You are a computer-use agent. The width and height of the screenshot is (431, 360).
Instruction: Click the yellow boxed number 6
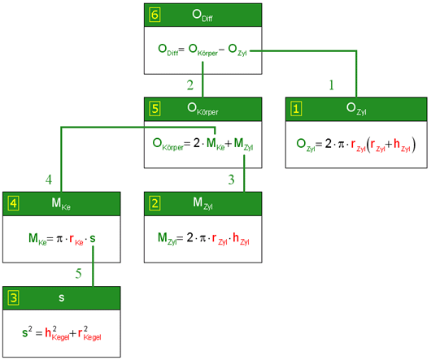tap(155, 15)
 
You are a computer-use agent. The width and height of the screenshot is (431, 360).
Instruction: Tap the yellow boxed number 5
tap(155, 108)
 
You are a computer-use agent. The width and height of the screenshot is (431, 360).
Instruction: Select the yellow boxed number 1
tap(296, 109)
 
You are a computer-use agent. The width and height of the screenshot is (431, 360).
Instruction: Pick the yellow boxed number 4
tap(14, 203)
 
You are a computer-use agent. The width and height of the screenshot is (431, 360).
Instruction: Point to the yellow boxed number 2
tap(155, 203)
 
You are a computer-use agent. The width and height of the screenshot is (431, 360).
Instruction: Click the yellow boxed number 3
tap(14, 298)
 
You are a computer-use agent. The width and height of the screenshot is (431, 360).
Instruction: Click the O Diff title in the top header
tap(202, 15)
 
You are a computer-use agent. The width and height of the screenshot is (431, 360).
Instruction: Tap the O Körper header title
tap(202, 109)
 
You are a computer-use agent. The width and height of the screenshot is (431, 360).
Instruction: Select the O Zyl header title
tap(356, 109)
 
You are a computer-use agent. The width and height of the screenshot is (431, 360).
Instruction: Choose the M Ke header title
tap(61, 204)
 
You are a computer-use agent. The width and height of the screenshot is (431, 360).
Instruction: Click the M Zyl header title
tap(202, 204)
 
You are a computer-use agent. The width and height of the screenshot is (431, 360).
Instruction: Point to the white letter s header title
tap(61, 298)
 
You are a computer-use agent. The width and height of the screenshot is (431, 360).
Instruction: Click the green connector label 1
tap(332, 85)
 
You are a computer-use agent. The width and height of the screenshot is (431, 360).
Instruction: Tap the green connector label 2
tap(190, 85)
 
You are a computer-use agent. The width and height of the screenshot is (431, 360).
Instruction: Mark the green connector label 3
tap(231, 180)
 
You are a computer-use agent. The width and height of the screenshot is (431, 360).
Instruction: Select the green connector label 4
tap(49, 180)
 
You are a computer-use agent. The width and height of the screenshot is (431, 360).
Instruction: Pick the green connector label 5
tap(78, 274)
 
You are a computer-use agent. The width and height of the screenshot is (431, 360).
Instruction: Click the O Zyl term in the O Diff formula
tap(237, 50)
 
